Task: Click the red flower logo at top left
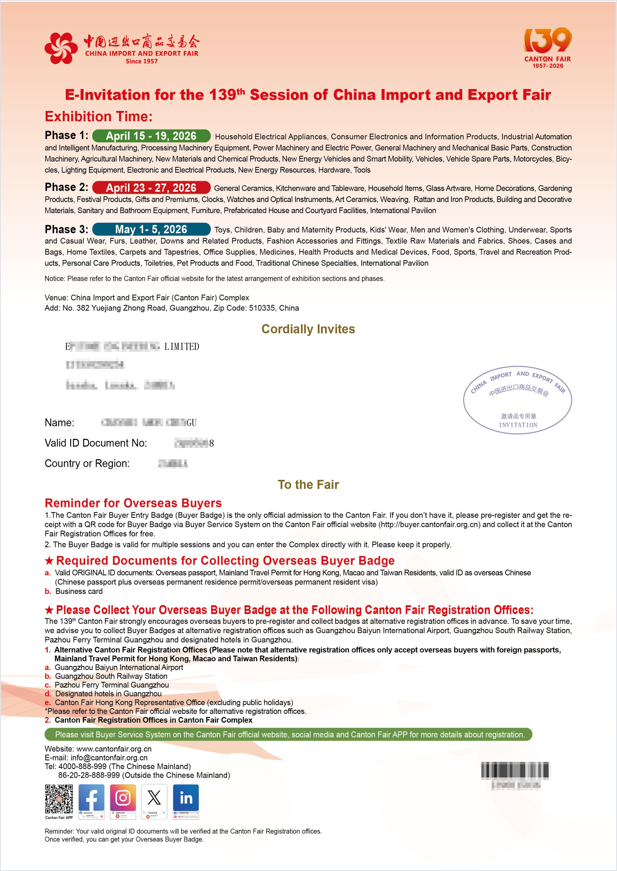tap(59, 48)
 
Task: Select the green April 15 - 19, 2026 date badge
tap(151, 136)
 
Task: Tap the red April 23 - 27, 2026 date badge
tap(151, 187)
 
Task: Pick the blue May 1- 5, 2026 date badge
tap(151, 229)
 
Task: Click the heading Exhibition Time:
tap(98, 116)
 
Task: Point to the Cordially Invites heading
tap(308, 329)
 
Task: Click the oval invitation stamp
tap(518, 400)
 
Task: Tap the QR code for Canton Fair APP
tap(59, 799)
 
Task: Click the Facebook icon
tap(91, 798)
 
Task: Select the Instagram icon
tap(123, 798)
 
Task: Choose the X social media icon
tap(154, 798)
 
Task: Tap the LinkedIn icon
tap(186, 798)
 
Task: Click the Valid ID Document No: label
tap(96, 443)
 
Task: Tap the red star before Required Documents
tap(49, 561)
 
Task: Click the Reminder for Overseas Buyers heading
tap(133, 503)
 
